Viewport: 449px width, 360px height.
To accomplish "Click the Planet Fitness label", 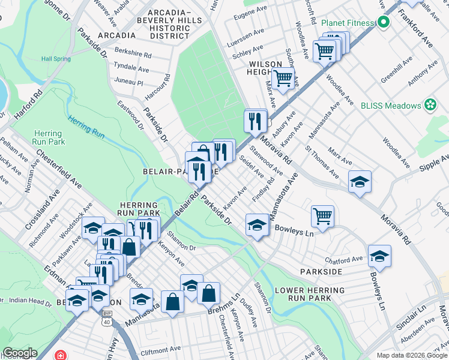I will [x=347, y=23].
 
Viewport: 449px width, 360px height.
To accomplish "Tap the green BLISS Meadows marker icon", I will [x=430, y=106].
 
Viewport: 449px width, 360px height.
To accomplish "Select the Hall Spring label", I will [x=56, y=59].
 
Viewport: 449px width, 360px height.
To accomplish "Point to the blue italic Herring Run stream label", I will [x=86, y=128].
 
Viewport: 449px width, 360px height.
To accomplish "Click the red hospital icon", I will [x=60, y=355].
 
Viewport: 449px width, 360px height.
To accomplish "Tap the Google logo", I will [x=19, y=353].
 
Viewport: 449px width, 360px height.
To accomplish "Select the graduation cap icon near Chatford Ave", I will [x=379, y=256].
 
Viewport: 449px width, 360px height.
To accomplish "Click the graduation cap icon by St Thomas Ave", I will [x=360, y=182].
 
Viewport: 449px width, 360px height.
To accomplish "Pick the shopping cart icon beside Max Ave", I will [x=283, y=78].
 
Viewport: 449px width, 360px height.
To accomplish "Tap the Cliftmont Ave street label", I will [x=161, y=348].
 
